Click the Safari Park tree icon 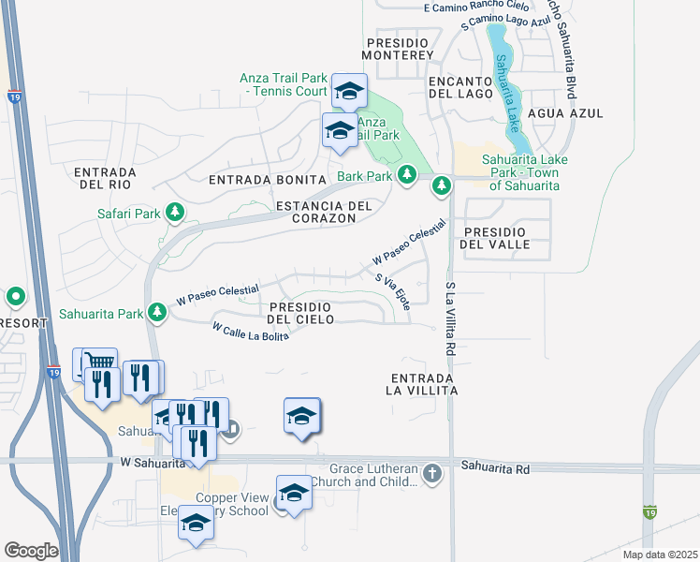(x=174, y=214)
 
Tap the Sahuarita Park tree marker (x=158, y=313)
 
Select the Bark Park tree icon (x=407, y=175)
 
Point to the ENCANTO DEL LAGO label (x=459, y=87)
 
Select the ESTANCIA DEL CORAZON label (x=324, y=212)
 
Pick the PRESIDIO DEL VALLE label (x=496, y=237)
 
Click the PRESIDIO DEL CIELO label (x=301, y=314)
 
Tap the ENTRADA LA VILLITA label (x=424, y=382)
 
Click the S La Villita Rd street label (x=450, y=318)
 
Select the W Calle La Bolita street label (x=250, y=332)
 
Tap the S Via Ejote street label (x=392, y=291)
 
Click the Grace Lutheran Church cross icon (x=432, y=473)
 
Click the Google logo (x=31, y=551)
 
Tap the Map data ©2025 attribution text (x=660, y=555)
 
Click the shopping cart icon (x=99, y=362)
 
